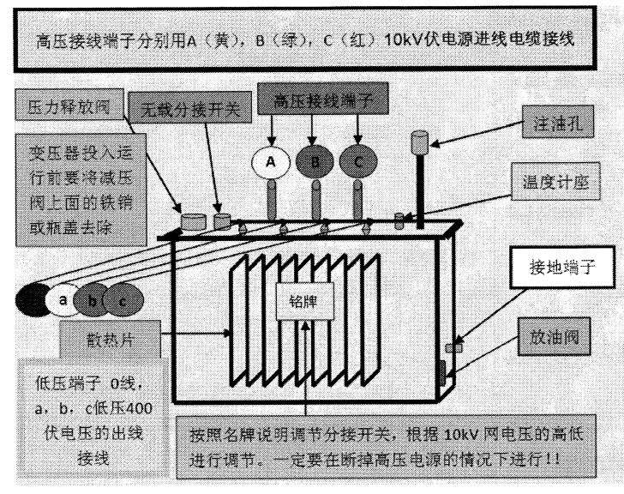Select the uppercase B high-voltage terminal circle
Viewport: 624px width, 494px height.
click(x=315, y=161)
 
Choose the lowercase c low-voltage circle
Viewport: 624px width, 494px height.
click(x=120, y=301)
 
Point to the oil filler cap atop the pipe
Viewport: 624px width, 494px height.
click(x=420, y=140)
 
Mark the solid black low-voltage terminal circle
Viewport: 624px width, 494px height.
click(x=33, y=301)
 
